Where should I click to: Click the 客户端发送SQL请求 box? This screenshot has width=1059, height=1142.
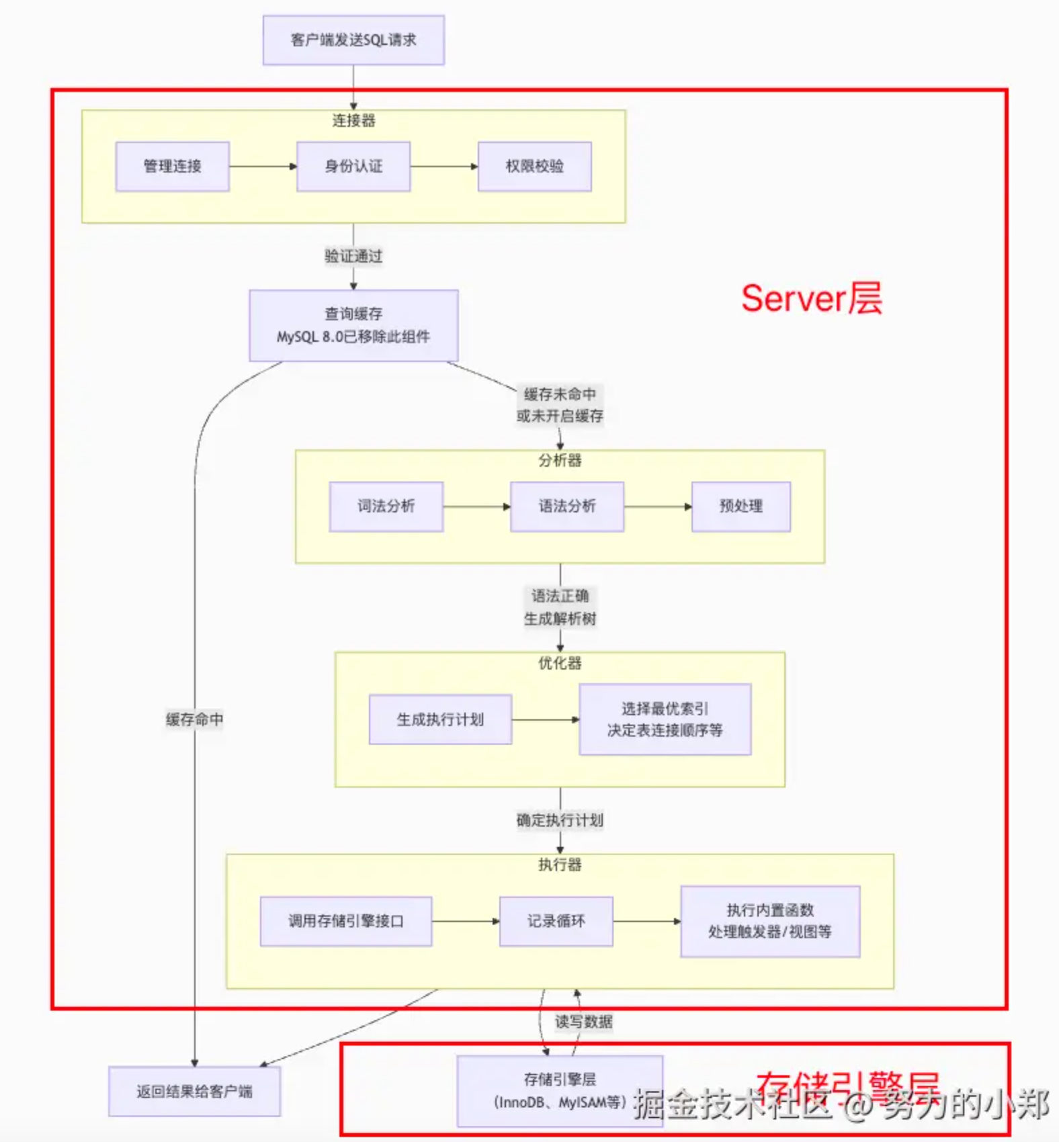tap(353, 40)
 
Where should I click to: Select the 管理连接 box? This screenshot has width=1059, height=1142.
tap(172, 166)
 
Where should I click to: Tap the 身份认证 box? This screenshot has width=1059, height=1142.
tap(353, 166)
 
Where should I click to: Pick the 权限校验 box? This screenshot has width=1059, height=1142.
tap(534, 166)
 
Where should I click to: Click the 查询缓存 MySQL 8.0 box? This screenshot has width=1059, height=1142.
tap(353, 325)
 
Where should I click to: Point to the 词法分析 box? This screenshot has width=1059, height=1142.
tap(386, 506)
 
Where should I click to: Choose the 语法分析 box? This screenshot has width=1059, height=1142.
tap(566, 506)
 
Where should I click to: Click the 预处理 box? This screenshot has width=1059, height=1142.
tap(740, 506)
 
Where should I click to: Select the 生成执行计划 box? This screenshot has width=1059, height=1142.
tap(440, 719)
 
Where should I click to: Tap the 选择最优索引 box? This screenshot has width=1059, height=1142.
tap(665, 719)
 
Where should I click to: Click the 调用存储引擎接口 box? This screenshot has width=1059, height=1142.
tap(346, 921)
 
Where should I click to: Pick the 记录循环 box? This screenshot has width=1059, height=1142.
tap(556, 921)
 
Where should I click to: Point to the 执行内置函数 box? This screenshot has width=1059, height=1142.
tap(770, 921)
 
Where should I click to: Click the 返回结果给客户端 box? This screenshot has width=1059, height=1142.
tap(194, 1092)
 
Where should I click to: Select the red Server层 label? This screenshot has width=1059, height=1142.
tap(811, 298)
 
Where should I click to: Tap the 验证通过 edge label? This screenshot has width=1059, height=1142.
tap(353, 256)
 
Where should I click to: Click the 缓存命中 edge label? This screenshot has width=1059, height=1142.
tap(194, 719)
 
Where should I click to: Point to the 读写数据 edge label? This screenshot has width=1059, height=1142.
tap(583, 1022)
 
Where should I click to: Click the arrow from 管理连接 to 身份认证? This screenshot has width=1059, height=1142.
tap(263, 167)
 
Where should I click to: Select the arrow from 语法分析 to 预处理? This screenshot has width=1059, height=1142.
tap(657, 507)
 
